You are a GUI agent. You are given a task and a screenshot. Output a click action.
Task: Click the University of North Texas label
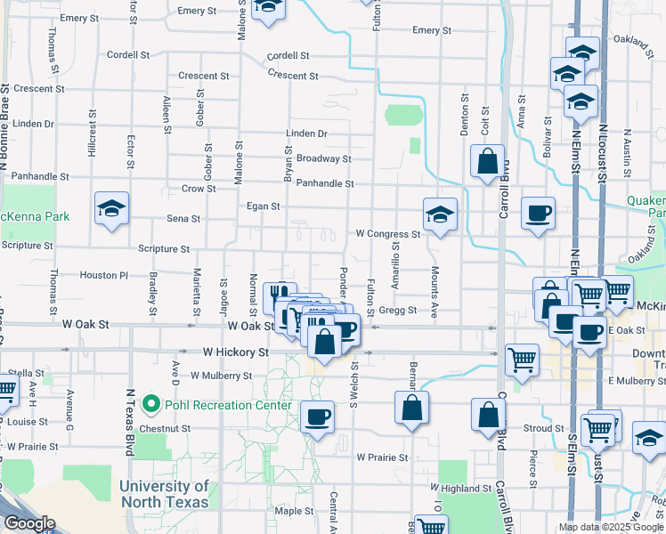[164, 494]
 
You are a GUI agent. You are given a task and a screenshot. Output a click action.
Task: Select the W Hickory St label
[235, 352]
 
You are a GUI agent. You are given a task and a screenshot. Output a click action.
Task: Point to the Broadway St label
[323, 158]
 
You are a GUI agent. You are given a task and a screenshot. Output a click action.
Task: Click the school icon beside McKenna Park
[111, 209]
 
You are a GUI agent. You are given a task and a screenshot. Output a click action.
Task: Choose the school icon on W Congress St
[440, 214]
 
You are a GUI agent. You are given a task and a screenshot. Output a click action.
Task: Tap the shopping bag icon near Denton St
[487, 162]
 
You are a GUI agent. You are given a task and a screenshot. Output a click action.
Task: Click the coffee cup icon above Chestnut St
[317, 416]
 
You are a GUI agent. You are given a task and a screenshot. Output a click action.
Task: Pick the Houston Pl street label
[104, 276]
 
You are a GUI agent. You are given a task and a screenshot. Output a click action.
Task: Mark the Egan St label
[263, 206]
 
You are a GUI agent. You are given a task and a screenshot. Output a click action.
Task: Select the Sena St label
[183, 218]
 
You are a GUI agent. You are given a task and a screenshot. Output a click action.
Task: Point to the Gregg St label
[399, 310]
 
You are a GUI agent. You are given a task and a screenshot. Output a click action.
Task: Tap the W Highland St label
[462, 489]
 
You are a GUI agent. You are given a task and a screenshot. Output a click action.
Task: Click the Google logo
[29, 523]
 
